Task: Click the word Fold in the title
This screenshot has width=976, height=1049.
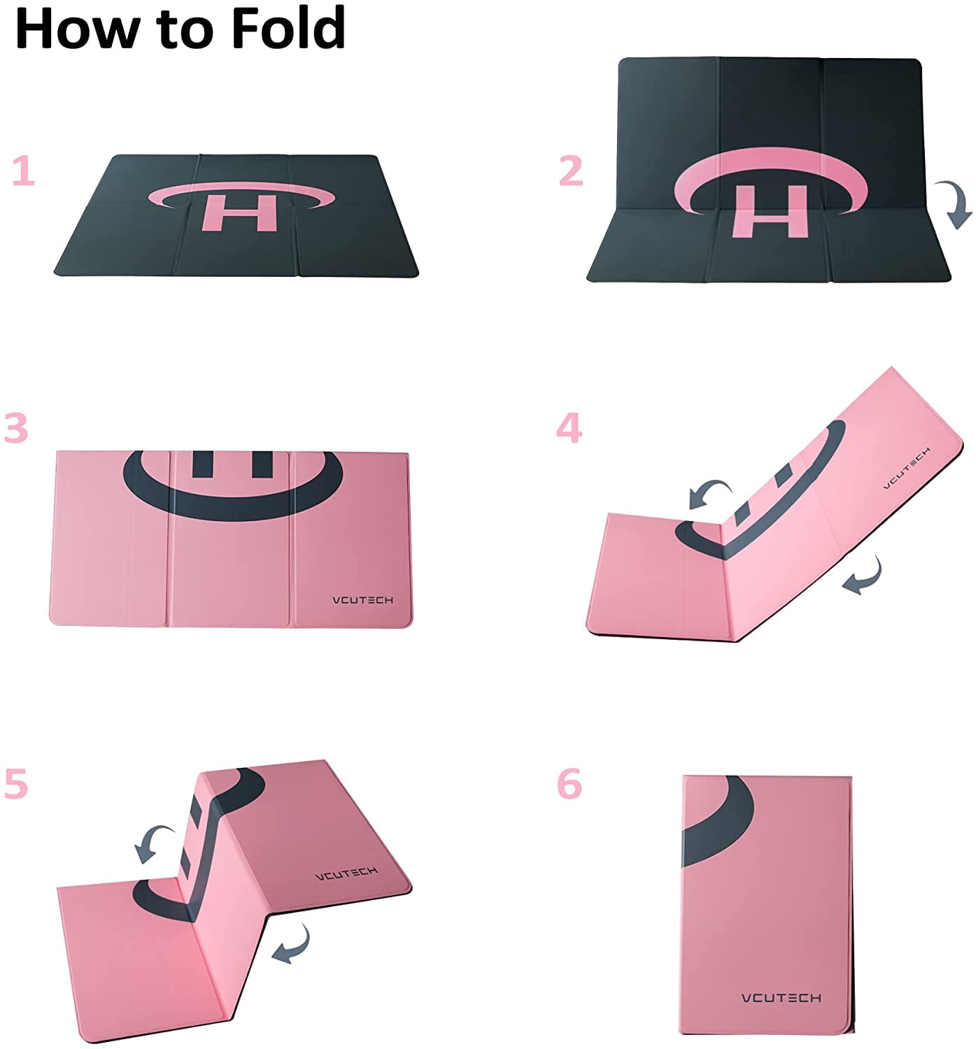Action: click(288, 27)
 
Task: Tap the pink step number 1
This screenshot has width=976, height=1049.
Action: click(24, 170)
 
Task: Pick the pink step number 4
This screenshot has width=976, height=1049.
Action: click(569, 427)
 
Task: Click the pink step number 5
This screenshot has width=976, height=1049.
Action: click(16, 783)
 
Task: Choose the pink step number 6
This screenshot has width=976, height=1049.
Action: click(570, 783)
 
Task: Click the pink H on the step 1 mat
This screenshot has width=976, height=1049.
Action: click(239, 213)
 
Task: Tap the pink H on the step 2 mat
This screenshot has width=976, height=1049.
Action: click(770, 211)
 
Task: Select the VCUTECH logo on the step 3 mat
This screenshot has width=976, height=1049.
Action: click(362, 599)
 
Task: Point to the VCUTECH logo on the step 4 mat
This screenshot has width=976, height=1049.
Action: click(907, 467)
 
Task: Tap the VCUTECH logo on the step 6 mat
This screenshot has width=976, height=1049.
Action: click(781, 998)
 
